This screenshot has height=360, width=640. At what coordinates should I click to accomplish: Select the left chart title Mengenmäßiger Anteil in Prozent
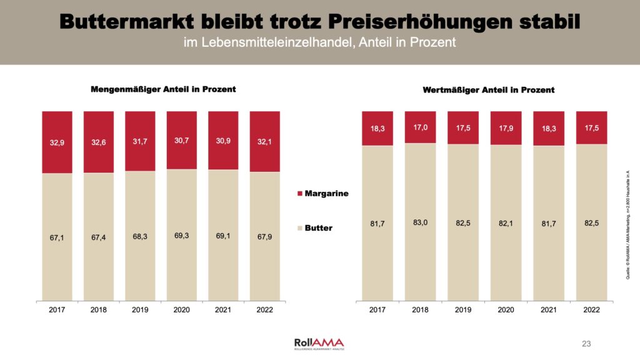click(163, 89)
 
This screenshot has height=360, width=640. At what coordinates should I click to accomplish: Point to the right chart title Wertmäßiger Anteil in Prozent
click(489, 90)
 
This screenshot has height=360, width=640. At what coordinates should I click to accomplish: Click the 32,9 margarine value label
click(57, 142)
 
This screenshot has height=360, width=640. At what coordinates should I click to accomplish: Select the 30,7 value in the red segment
click(182, 141)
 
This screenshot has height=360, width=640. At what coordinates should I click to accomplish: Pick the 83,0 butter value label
click(420, 223)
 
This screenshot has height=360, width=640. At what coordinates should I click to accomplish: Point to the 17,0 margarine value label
click(420, 127)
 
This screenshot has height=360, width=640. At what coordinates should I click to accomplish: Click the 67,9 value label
click(265, 237)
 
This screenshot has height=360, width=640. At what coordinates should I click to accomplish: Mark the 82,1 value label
click(506, 223)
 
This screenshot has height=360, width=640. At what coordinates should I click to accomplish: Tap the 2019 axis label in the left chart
click(140, 309)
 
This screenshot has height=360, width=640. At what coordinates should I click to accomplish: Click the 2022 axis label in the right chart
click(591, 309)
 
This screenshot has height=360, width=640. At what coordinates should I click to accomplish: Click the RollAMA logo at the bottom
click(319, 343)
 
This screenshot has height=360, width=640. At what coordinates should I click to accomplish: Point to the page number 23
click(586, 344)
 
